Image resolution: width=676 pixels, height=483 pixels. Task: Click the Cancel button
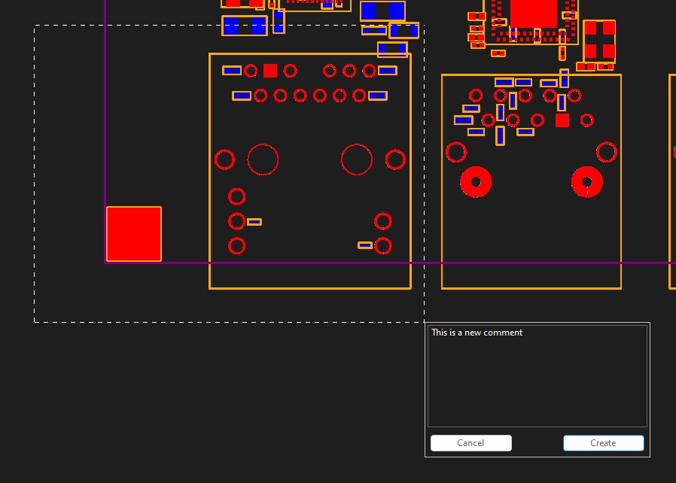(x=470, y=443)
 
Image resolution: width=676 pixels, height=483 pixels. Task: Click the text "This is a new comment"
(x=477, y=333)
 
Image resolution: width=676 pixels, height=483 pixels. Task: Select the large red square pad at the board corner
(x=134, y=234)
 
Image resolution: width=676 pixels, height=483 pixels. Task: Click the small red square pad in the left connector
(x=270, y=71)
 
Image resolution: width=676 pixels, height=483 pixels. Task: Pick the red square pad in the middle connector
(x=562, y=120)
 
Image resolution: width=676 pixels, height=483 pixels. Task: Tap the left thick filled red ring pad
(x=476, y=182)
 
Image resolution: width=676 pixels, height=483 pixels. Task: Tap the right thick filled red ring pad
(x=587, y=182)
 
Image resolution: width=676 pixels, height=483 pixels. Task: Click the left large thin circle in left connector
(x=263, y=159)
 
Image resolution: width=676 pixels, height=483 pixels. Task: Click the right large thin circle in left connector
(x=357, y=159)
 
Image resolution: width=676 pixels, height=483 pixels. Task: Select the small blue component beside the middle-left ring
(x=254, y=222)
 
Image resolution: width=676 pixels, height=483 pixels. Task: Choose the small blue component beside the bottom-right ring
(x=365, y=245)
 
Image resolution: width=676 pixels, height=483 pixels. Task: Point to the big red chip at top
(x=533, y=14)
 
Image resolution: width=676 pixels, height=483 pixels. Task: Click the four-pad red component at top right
(x=599, y=41)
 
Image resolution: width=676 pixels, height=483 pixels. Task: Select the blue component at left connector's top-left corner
(x=232, y=71)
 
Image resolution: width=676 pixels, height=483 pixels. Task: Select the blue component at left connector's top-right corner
(x=387, y=71)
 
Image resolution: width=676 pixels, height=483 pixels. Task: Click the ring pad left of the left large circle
(x=224, y=159)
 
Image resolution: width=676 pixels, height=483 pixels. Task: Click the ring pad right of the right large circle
(x=395, y=159)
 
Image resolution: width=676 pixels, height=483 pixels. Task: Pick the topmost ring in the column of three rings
(x=236, y=196)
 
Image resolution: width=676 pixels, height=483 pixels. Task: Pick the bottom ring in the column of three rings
(x=236, y=246)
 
